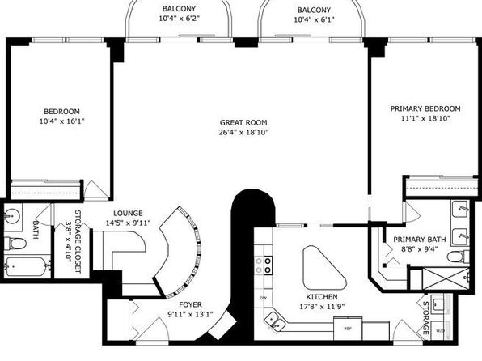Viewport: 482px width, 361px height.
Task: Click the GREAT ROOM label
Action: click(243, 122)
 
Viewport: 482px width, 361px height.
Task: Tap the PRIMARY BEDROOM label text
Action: click(425, 108)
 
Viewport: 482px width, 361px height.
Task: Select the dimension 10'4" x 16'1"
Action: click(61, 121)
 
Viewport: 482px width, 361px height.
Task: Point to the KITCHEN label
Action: click(322, 297)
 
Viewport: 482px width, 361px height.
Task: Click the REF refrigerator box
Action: click(348, 329)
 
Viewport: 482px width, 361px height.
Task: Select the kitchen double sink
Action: click(274, 321)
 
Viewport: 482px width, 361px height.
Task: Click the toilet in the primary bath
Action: click(458, 257)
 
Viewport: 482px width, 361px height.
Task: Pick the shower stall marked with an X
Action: click(446, 278)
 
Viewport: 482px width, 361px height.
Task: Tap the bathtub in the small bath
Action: click(27, 266)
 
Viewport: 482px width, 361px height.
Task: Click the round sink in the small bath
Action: click(11, 215)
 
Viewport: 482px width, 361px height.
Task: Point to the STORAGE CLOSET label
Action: click(73, 241)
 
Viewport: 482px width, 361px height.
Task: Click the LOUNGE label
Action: click(129, 213)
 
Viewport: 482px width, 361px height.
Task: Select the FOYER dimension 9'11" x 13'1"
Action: click(190, 315)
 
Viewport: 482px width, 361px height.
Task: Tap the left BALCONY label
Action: click(180, 9)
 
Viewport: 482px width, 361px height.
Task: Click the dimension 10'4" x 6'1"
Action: click(314, 19)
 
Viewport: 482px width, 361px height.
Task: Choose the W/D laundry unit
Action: click(441, 330)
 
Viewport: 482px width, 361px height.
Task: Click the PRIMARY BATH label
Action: click(420, 239)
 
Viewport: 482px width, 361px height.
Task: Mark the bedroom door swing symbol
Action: click(96, 190)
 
